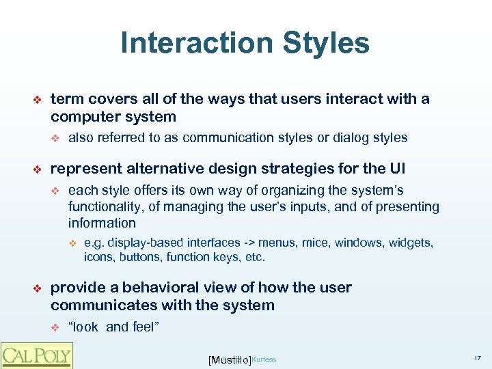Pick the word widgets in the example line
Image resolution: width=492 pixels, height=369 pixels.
coord(411,243)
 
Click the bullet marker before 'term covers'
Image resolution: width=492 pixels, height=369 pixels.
coord(38,100)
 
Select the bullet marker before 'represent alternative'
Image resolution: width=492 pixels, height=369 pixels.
coord(38,168)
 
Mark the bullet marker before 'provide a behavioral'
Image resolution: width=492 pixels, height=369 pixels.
coord(38,288)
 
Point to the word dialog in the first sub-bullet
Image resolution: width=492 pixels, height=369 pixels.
coord(350,138)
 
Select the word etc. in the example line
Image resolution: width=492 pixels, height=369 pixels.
coord(254,257)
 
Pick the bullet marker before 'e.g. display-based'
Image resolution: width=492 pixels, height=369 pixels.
coord(74,243)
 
